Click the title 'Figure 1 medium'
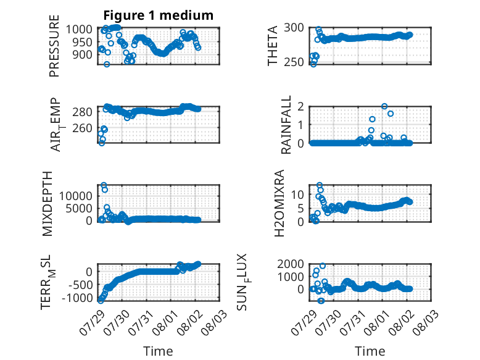point(159,15)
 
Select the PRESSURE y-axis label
point(54,46)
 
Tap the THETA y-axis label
point(272,46)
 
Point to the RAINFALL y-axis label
point(286,125)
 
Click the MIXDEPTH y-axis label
point(48,204)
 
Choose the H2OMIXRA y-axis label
point(279,203)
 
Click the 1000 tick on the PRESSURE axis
point(80,30)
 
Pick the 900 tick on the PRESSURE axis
point(83,55)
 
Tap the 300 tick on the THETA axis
point(294,28)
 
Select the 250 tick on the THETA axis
point(294,62)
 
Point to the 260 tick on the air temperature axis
point(82,128)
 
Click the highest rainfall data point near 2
point(384,106)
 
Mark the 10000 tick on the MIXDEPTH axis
point(76,196)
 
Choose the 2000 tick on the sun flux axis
point(291,264)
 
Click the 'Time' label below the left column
point(159,351)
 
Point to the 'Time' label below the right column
point(370,351)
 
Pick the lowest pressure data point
point(107,64)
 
